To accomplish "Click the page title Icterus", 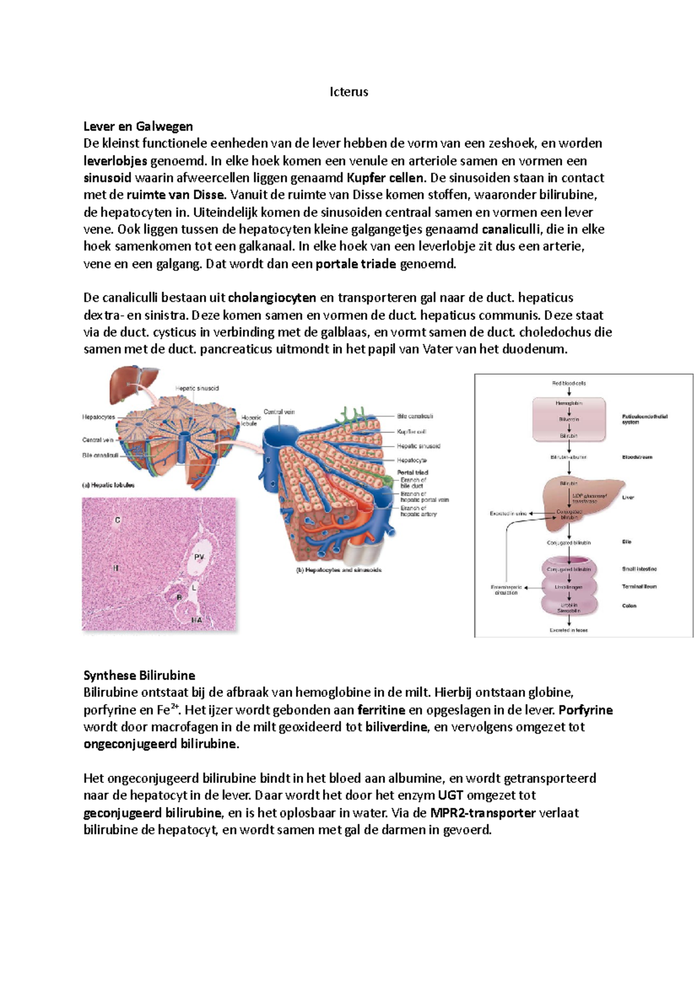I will coord(348,92).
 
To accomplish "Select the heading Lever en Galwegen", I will coord(138,126).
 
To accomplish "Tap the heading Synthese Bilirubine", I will coord(139,675).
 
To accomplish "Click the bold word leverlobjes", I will coord(115,161).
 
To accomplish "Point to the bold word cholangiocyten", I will coord(272,298).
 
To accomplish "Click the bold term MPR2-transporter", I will coord(483,812).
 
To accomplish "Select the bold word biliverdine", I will coord(396,727).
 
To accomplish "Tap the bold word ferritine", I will coord(381,710).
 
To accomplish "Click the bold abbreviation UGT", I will coord(450,795).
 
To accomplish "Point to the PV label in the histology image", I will coord(199,557).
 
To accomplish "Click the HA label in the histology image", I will coord(197,620).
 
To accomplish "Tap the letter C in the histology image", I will coord(117,520).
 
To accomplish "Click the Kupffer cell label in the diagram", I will coord(411,431).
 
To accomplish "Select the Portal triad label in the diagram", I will coord(412,473).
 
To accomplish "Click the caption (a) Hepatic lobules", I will coord(108,485).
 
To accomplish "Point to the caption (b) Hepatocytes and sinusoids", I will coord(339,570).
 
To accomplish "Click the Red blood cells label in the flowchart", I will coord(569,383).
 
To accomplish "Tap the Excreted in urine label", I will coord(508,513).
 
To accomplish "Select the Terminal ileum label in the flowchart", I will coord(639,586).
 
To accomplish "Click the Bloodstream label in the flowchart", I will coord(637,457).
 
